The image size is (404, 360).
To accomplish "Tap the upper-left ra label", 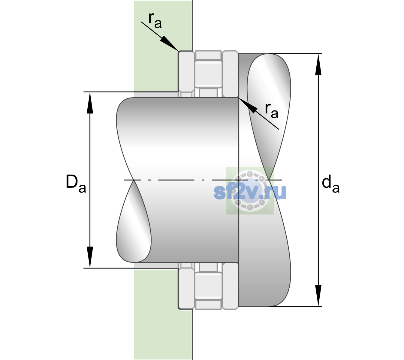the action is tap(155, 21).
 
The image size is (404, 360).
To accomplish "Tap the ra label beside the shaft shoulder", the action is tap(271, 111).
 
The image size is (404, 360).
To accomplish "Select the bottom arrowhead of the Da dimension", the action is tap(90, 257).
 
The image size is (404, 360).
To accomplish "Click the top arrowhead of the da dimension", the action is tap(318, 64).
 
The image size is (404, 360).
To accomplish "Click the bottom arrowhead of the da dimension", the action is tap(318, 295).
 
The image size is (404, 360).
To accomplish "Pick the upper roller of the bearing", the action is tap(208, 74).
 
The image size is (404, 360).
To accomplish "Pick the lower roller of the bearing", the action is tap(208, 285).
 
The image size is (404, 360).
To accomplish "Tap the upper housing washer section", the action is tap(186, 74).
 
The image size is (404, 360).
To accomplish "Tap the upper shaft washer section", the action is tap(230, 74).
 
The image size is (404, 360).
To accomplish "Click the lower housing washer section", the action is tap(186, 286).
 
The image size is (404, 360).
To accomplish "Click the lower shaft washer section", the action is tap(230, 286).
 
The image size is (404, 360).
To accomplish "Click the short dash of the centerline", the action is tap(203, 180).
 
